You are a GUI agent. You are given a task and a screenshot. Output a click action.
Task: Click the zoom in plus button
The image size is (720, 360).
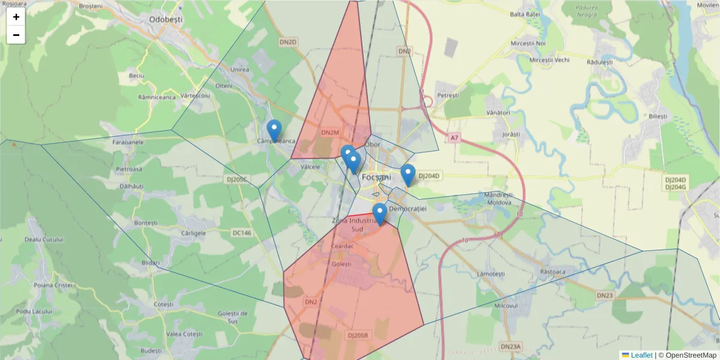pyautogui.click(x=16, y=17)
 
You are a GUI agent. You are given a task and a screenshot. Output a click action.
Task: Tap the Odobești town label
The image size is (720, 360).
pyautogui.click(x=166, y=19)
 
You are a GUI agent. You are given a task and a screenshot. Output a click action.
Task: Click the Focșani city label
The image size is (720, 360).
pyautogui.click(x=377, y=178)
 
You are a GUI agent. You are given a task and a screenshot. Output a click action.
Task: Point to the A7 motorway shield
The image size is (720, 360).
pyautogui.click(x=454, y=138)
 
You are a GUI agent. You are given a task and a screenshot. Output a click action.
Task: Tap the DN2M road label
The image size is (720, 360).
pyautogui.click(x=330, y=132)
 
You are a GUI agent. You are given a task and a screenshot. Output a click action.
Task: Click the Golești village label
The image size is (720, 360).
pyautogui.click(x=343, y=263)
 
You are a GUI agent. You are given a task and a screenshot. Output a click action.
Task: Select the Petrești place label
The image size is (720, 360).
pyautogui.click(x=448, y=95)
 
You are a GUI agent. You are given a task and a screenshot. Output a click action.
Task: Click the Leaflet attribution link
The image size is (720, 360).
pyautogui.click(x=641, y=355)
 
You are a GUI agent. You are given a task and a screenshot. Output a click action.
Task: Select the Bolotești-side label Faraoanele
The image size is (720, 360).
pyautogui.click(x=128, y=143)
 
